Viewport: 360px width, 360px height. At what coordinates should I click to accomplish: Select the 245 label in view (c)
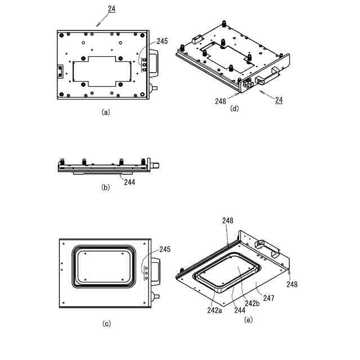[x=165, y=249]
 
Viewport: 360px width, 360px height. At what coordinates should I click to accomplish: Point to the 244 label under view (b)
[x=129, y=181]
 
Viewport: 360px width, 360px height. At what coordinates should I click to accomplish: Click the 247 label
[x=268, y=298]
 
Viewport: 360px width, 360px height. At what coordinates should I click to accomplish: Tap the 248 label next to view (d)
[x=220, y=101]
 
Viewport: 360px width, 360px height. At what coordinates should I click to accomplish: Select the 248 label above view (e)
[x=228, y=220]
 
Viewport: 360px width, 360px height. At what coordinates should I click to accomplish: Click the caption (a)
[x=105, y=112]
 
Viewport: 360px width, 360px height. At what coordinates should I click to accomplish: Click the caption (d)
[x=235, y=109]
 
